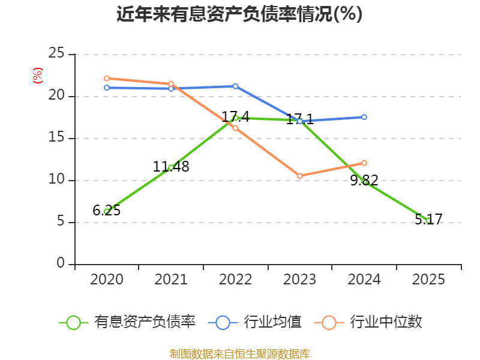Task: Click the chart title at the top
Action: click(x=239, y=14)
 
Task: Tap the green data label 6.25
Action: click(x=107, y=211)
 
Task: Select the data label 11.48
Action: click(x=171, y=167)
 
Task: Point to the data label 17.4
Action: click(x=235, y=116)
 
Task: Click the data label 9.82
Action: click(x=364, y=180)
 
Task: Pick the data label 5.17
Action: click(x=428, y=219)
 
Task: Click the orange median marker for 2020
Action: click(x=107, y=79)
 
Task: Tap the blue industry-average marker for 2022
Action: click(x=235, y=86)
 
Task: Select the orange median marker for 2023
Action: click(x=299, y=176)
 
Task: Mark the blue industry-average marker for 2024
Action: click(x=364, y=117)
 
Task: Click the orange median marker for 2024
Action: click(x=364, y=163)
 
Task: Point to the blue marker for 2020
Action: click(x=107, y=88)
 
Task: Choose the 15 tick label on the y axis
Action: click(x=56, y=137)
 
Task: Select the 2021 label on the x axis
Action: click(x=171, y=279)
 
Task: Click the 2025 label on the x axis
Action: click(x=428, y=279)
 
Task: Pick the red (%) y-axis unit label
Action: click(x=38, y=76)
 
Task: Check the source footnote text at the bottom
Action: click(x=239, y=353)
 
